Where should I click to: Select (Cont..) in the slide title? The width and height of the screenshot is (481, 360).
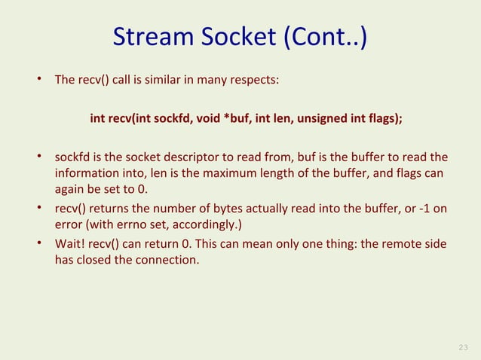pyautogui.click(x=326, y=38)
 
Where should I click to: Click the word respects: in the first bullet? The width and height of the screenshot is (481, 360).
pyautogui.click(x=256, y=78)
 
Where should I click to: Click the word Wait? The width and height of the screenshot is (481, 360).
pyautogui.click(x=71, y=245)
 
